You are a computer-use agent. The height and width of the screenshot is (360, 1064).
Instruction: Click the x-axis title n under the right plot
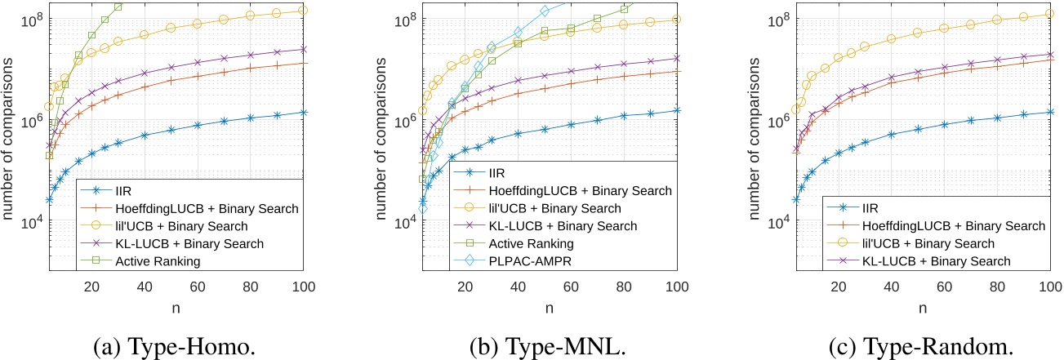pyautogui.click(x=922, y=309)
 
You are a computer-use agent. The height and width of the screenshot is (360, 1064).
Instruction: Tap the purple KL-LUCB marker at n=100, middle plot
pyautogui.click(x=675, y=58)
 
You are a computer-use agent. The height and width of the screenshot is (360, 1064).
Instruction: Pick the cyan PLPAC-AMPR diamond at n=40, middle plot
pyautogui.click(x=518, y=32)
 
